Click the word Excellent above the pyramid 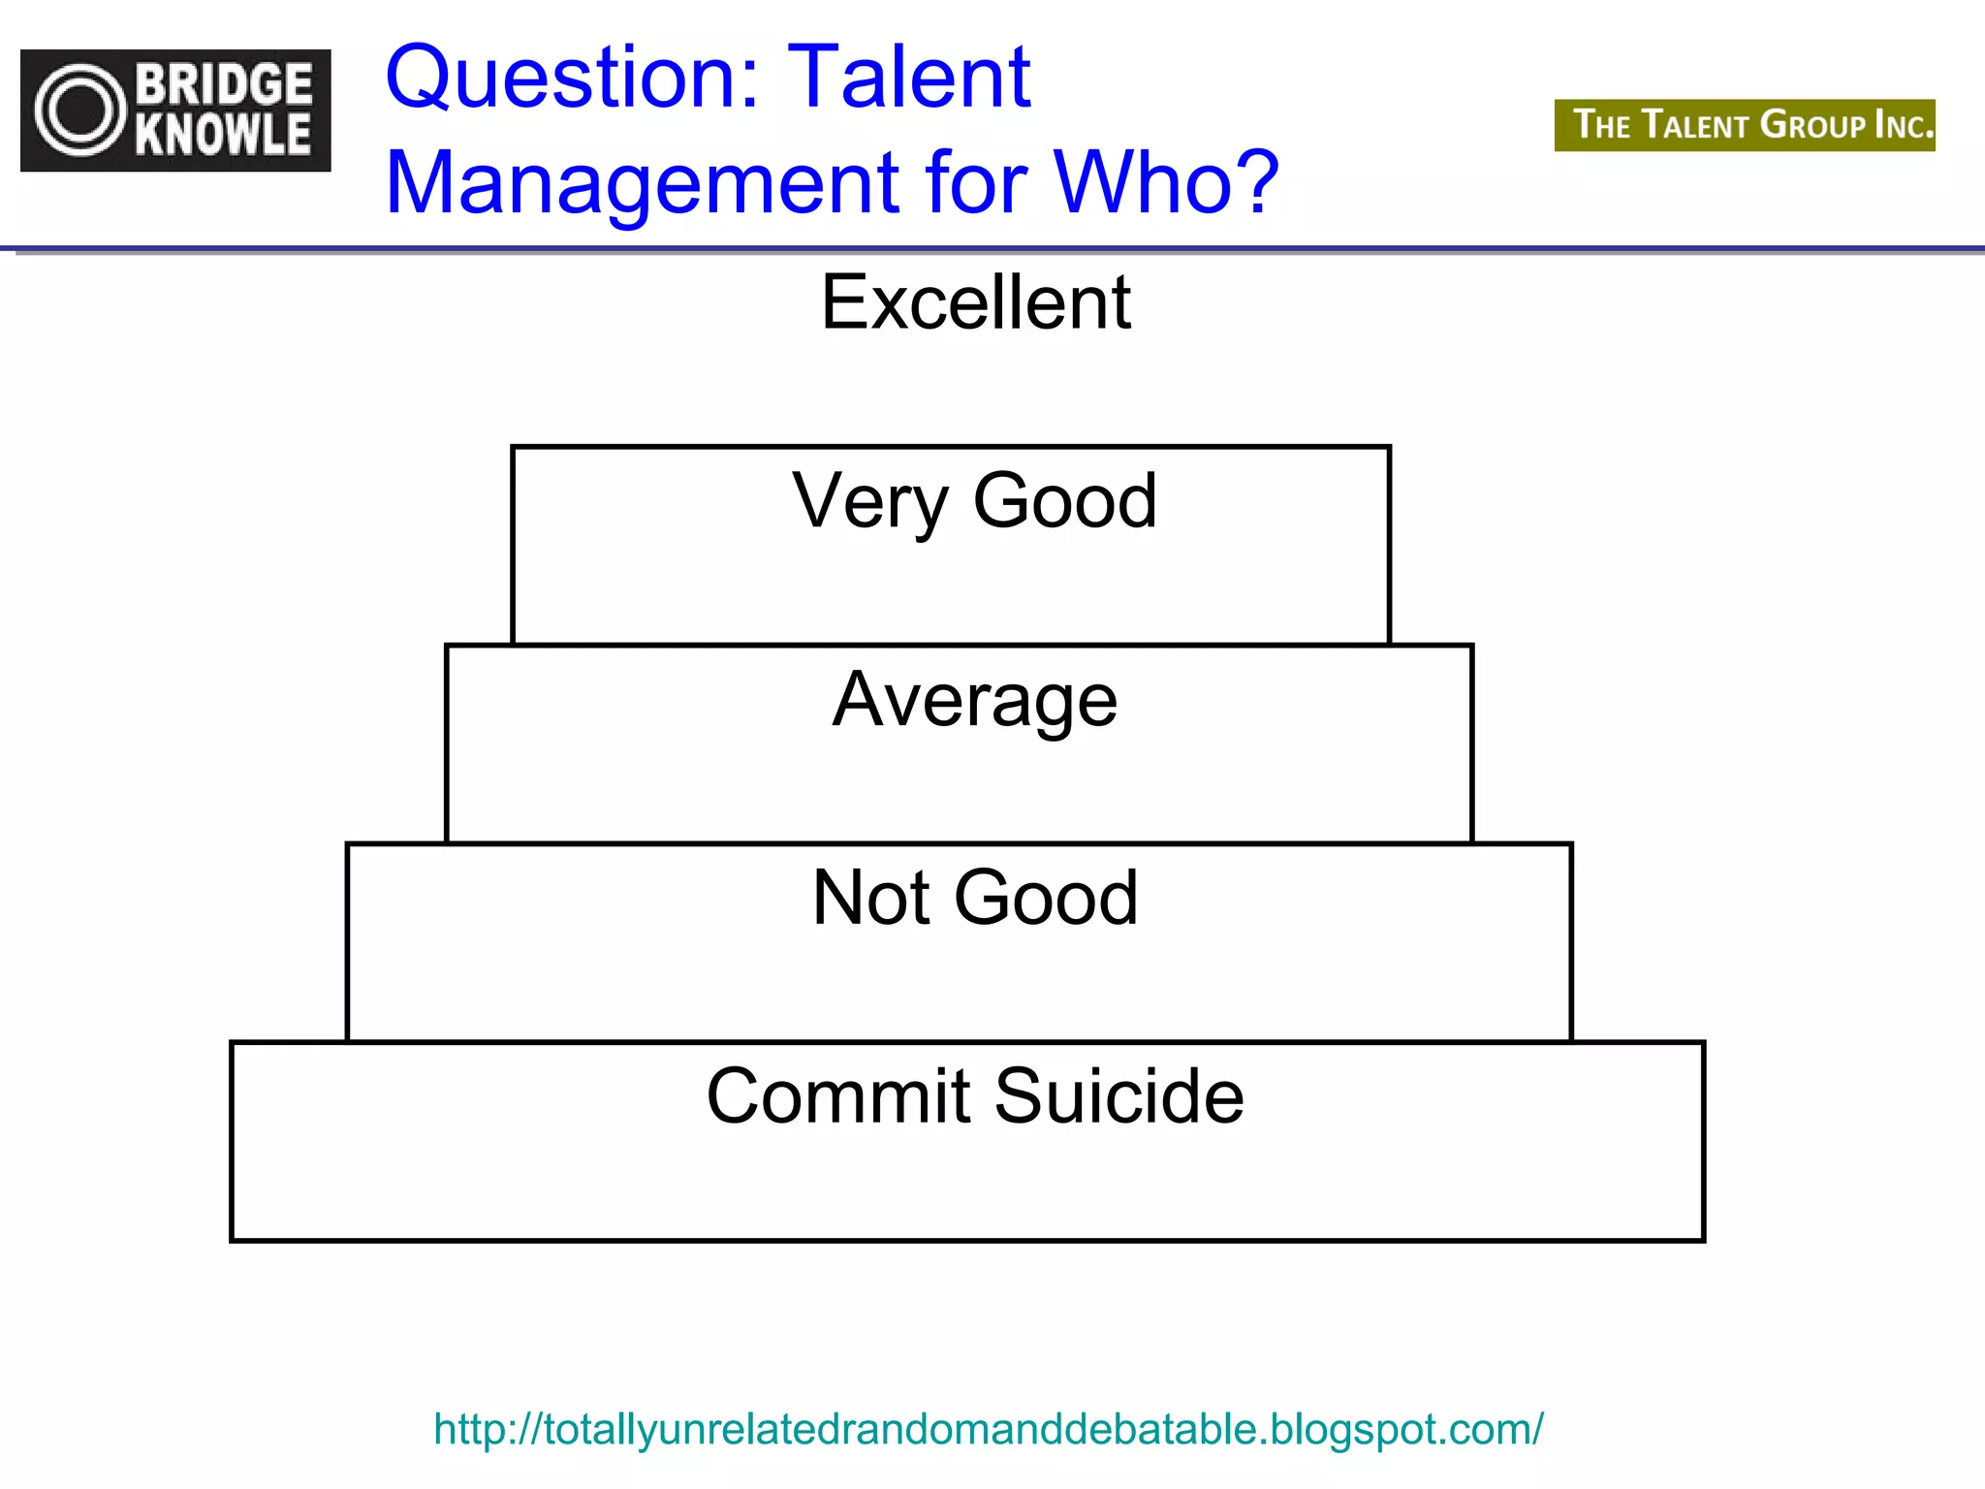click(975, 302)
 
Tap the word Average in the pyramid click(975, 701)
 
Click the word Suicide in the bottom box click(1119, 1096)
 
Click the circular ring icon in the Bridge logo click(80, 111)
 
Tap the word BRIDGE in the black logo click(224, 84)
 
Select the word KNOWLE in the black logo click(224, 135)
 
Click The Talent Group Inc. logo click(1745, 125)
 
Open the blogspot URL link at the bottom click(988, 1429)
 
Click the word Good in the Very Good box click(1064, 501)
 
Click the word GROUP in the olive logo click(1812, 125)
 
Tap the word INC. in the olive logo click(1904, 125)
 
